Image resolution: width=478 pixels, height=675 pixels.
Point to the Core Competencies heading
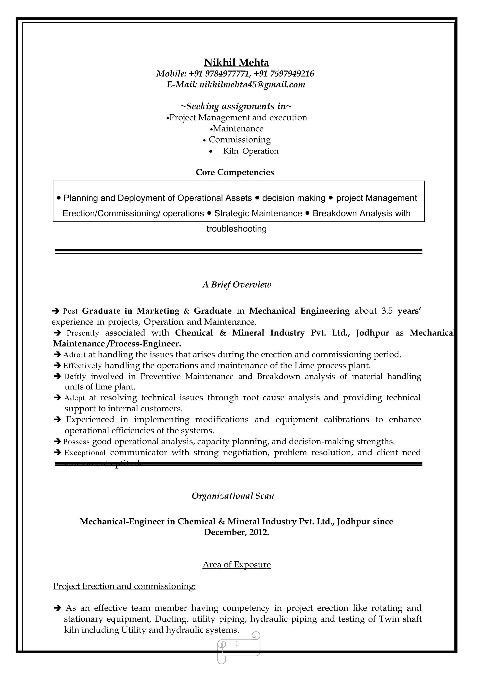235,172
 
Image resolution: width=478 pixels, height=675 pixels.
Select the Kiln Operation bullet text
250,151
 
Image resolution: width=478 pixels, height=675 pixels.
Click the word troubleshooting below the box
236,229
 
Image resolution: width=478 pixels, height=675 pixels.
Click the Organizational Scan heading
233,496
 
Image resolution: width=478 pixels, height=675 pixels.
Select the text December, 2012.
236,532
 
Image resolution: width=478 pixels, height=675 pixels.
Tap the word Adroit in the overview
74,355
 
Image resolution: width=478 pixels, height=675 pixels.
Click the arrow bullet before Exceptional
57,452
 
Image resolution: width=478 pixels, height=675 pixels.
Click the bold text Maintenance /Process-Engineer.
117,344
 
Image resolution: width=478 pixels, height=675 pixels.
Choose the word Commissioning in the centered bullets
240,140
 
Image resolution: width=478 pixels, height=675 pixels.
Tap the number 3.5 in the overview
387,311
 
